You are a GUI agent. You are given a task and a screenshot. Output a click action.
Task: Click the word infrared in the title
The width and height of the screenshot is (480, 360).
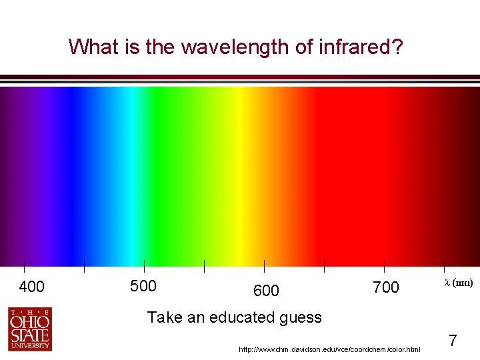click(359, 47)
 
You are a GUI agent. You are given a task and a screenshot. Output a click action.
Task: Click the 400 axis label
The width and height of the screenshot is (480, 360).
click(32, 287)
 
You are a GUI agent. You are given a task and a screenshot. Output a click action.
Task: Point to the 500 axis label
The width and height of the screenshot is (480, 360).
click(143, 287)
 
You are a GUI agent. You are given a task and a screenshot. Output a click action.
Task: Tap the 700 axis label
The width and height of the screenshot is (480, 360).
click(386, 287)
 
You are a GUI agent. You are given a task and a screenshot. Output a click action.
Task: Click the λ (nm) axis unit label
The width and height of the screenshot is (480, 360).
click(459, 283)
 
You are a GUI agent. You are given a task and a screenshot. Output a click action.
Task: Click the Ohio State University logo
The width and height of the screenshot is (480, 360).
click(29, 329)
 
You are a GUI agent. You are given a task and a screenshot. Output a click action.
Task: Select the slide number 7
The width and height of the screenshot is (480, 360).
click(453, 341)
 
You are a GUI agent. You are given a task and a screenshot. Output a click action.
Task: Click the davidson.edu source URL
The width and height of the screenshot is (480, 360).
click(329, 349)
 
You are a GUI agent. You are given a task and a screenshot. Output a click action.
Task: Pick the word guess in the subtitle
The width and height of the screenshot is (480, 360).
click(301, 317)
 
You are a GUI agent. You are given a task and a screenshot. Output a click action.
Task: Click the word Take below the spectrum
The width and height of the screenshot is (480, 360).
click(164, 317)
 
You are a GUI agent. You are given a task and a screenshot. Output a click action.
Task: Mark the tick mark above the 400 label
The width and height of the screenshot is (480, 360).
click(25, 266)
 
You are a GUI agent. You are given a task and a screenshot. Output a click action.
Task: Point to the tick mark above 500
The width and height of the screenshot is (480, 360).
click(144, 266)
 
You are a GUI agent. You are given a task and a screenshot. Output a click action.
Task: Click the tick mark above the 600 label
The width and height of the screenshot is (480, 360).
click(265, 266)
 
